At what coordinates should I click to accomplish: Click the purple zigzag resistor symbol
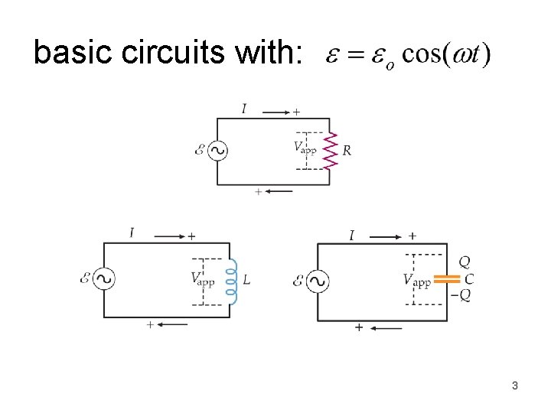331,151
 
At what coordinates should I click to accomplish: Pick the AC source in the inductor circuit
103,279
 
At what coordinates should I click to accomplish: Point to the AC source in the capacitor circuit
317,281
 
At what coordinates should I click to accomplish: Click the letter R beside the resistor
347,151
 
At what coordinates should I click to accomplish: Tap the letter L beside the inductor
246,280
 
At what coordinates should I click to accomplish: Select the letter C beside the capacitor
469,279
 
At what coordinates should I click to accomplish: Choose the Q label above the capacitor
465,262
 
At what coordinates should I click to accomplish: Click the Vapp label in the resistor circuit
305,147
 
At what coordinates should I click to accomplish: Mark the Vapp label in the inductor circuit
202,278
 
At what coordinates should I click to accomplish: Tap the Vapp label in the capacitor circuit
416,281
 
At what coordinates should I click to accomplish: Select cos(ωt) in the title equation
447,54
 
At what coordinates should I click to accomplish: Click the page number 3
515,385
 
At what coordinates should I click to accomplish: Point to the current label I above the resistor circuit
244,109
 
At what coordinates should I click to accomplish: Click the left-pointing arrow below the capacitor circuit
389,329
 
